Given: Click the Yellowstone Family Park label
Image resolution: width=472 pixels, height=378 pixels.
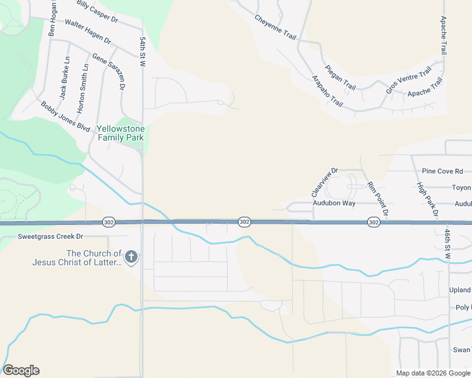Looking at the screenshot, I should (x=120, y=133).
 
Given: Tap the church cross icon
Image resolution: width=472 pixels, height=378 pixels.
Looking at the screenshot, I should (x=131, y=256).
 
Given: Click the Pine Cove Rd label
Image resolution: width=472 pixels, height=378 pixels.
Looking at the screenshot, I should (x=442, y=171).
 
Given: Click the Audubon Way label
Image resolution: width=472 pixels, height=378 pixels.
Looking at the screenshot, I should (x=334, y=203).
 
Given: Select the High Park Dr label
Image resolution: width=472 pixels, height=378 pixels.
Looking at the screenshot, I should (x=427, y=200).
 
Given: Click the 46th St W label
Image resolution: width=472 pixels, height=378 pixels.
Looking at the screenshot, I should (x=447, y=241).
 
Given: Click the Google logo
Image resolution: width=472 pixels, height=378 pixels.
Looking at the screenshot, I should (x=21, y=370).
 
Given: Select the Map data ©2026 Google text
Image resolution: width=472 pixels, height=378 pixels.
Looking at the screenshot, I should (x=432, y=373).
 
